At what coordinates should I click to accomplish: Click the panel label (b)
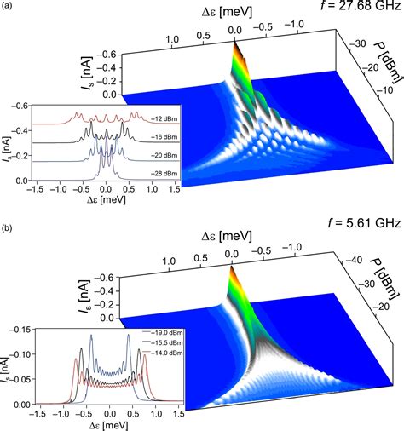tap(8, 222)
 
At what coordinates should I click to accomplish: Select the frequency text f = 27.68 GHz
tap(356, 10)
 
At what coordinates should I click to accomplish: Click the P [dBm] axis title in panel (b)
tap(386, 274)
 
